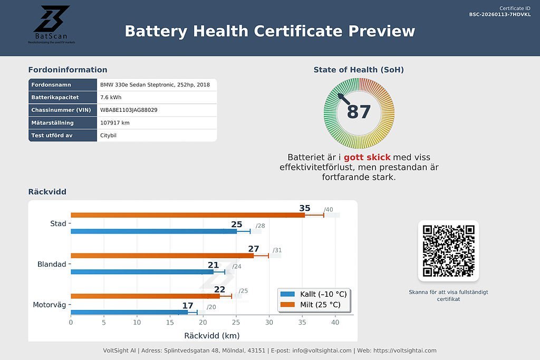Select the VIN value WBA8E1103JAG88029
click(129, 110)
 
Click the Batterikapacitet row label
click(55, 98)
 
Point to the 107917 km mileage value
click(114, 123)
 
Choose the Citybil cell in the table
click(109, 135)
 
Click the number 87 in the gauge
click(359, 112)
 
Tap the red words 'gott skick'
click(367, 157)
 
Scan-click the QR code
click(448, 251)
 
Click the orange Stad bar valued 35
click(187, 215)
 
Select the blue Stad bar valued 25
click(153, 231)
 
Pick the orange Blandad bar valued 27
click(162, 256)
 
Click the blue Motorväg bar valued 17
click(129, 312)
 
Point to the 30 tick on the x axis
click(269, 323)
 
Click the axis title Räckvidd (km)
click(211, 335)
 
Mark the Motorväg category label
click(50, 305)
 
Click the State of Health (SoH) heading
click(359, 70)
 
